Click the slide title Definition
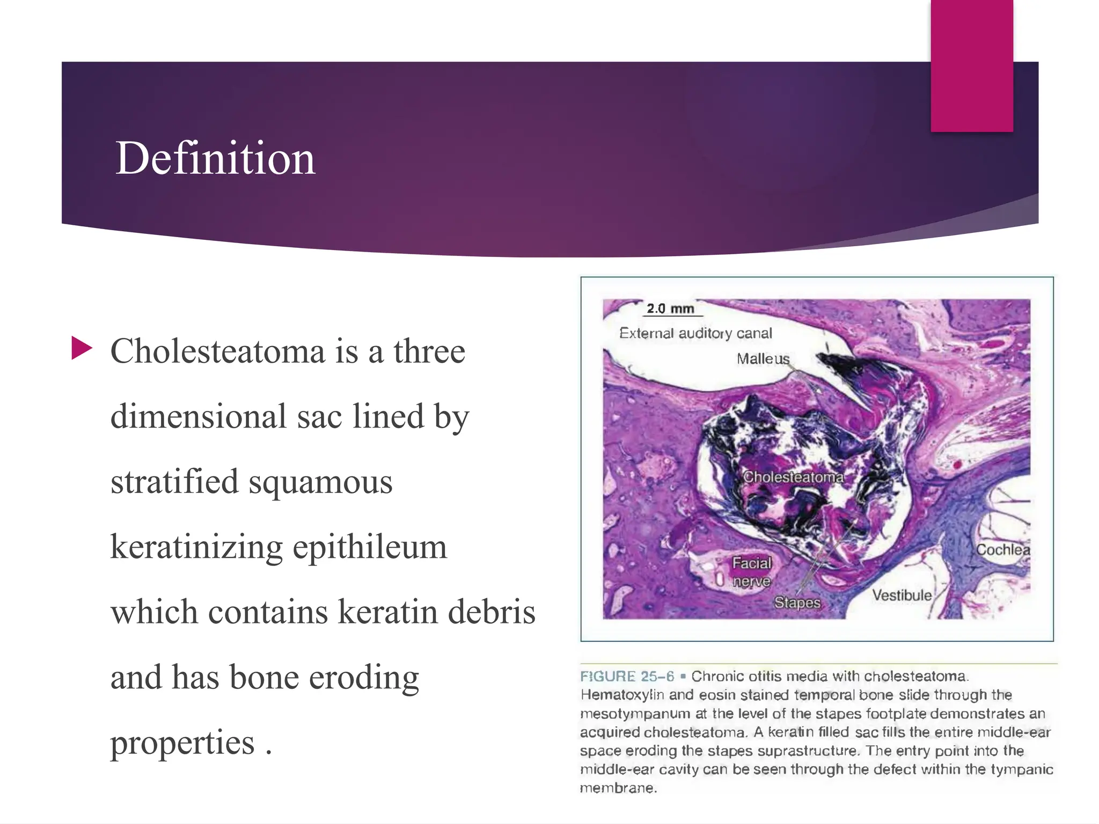(215, 158)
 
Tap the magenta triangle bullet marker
(82, 348)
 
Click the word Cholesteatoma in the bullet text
(217, 351)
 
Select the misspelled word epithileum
(370, 547)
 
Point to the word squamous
(320, 481)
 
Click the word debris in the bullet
(492, 612)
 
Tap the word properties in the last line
(182, 743)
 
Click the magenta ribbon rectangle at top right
(971, 64)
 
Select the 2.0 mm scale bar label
(670, 309)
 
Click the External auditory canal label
(695, 333)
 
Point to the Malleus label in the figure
(763, 358)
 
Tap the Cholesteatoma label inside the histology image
(793, 476)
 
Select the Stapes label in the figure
(797, 602)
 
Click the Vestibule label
(902, 595)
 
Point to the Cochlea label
(1002, 550)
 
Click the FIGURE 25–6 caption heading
(627, 676)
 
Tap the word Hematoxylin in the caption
(622, 695)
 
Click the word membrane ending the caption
(618, 788)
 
